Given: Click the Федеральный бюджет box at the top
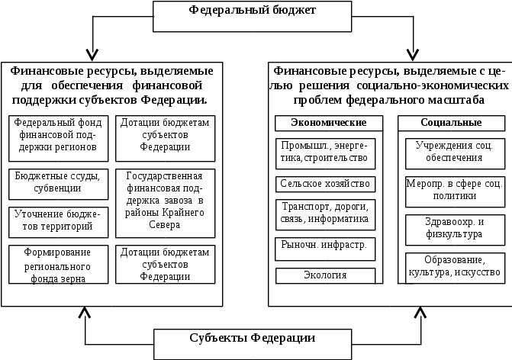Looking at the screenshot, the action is coord(252,16).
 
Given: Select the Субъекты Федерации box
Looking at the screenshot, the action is coord(253,344).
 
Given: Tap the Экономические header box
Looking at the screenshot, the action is coord(329,123).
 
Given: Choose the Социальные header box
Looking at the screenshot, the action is coord(451,123).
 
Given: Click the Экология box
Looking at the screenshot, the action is coord(325,275).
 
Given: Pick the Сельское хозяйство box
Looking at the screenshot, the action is coord(325,184).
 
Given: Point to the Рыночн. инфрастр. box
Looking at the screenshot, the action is coord(325,249).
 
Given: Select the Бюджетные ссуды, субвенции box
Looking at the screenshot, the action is coord(58,184).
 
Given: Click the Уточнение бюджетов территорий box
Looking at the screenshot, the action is coord(58,222).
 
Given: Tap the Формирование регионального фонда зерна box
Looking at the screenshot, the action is coord(58,265).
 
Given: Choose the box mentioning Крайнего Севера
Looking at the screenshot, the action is coord(166,203).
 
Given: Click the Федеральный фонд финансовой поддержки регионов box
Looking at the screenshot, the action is coord(58,138).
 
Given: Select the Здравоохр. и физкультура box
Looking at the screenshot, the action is coord(456,230).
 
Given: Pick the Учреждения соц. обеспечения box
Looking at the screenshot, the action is coord(456,153).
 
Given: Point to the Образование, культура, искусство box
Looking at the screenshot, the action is coord(456,268).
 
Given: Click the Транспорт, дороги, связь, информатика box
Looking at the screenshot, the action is coord(325,215).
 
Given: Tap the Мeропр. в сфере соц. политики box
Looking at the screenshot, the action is coord(456,191).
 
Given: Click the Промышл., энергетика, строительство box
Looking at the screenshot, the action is coord(325,153).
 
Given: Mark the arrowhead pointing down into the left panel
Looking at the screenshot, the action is coord(92,56).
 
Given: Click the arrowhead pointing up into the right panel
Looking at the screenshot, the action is coord(420,313).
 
